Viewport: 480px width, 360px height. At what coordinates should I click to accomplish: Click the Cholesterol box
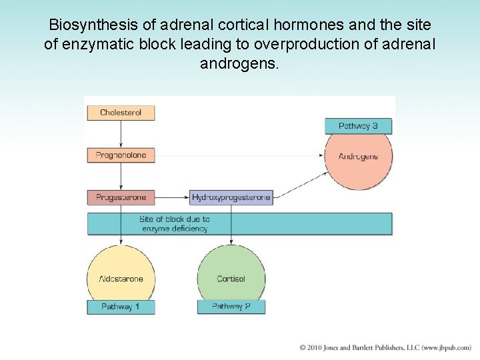point(121,113)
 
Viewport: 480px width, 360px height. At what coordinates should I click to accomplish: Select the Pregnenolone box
point(121,155)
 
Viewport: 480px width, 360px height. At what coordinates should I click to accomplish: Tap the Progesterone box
point(121,197)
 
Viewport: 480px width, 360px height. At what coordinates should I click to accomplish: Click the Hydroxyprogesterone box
point(231,197)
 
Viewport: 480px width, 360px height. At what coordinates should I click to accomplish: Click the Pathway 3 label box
point(358,126)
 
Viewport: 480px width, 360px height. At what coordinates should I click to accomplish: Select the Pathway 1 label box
point(121,307)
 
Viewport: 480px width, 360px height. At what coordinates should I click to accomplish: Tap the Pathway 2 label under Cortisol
point(231,307)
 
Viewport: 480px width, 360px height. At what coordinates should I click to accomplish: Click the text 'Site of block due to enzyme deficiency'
point(175,224)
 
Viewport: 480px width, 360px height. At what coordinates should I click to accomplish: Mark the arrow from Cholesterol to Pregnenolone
point(121,134)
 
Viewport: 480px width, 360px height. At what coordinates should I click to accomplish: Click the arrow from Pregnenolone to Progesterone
point(121,177)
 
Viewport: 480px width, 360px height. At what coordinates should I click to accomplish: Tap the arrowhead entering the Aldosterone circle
point(121,241)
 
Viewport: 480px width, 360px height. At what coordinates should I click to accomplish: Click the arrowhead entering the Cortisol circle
point(231,241)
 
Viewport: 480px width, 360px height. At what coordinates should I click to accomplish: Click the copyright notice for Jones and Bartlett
point(385,348)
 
